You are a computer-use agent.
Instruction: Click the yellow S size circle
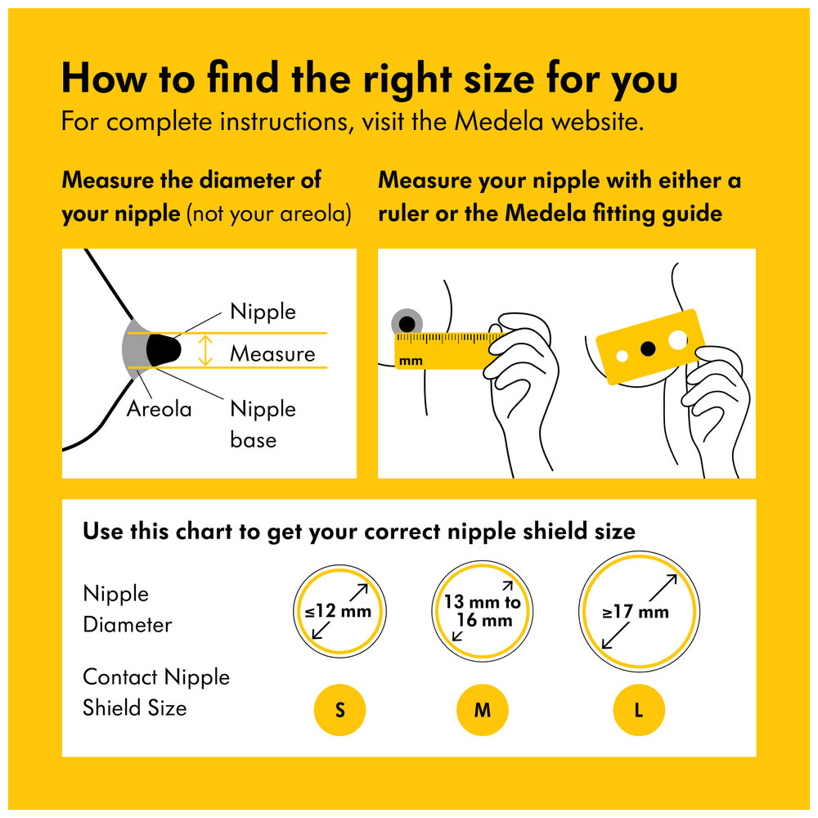[x=339, y=710]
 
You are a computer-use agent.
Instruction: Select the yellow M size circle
[x=482, y=710]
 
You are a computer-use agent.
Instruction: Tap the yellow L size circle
[x=639, y=710]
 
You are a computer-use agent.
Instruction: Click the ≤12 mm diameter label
[x=338, y=611]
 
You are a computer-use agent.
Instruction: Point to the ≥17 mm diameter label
[x=636, y=611]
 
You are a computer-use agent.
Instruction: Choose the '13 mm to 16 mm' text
[x=483, y=611]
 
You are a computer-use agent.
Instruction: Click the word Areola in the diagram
[x=160, y=409]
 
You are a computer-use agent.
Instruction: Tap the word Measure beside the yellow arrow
[x=273, y=353]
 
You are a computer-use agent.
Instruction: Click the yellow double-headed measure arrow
[x=205, y=350]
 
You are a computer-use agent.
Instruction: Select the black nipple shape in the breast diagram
[x=163, y=349]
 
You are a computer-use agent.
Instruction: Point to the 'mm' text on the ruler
[x=411, y=361]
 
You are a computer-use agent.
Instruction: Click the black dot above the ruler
[x=407, y=324]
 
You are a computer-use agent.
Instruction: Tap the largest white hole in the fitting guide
[x=677, y=340]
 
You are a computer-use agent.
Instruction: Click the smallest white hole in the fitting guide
[x=622, y=357]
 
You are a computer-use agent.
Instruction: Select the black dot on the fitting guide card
[x=648, y=348]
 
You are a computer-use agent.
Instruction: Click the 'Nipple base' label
[x=263, y=424]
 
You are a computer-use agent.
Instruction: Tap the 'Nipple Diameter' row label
[x=128, y=609]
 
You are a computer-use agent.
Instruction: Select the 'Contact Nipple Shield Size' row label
[x=156, y=692]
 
